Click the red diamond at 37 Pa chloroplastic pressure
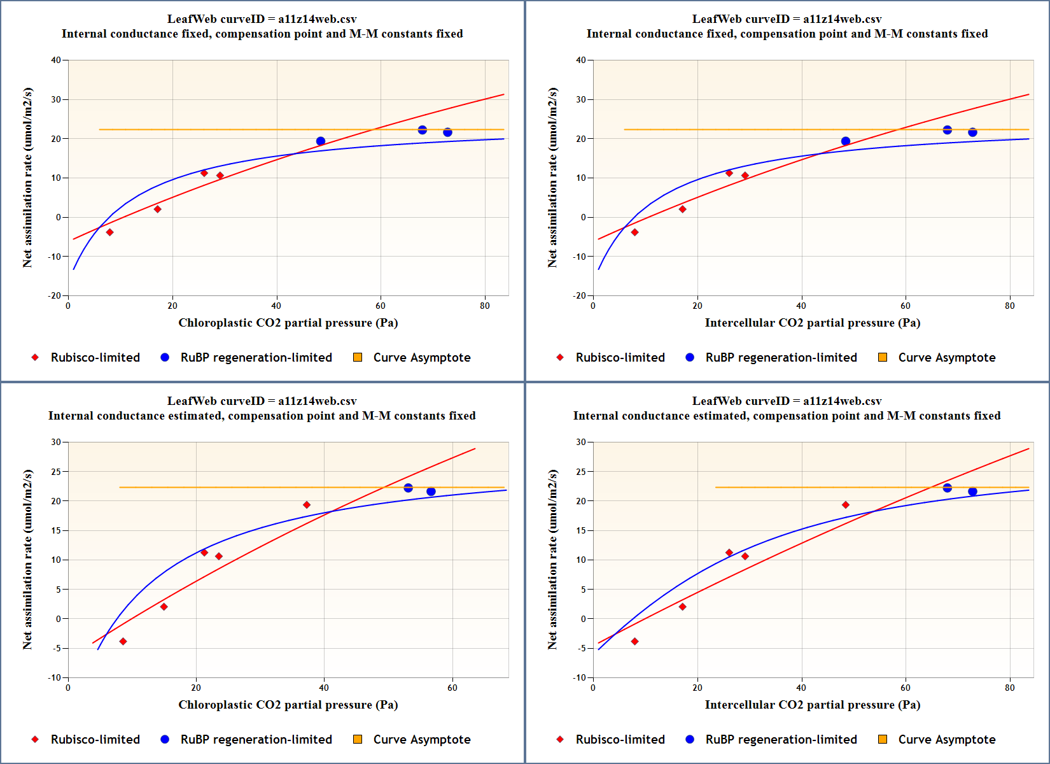[307, 505]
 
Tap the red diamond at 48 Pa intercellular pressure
[845, 505]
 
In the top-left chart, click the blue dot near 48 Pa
[321, 141]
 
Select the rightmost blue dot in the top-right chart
[972, 132]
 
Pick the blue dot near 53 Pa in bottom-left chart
[409, 488]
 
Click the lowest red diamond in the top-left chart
[109, 232]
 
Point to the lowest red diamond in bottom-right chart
[634, 641]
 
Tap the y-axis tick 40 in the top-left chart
[57, 60]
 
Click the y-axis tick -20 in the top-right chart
[580, 295]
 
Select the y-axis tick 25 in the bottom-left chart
[57, 472]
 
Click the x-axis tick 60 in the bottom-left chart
[452, 688]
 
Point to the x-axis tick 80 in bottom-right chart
[1010, 688]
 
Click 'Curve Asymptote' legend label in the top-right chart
[946, 358]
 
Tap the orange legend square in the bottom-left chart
[358, 739]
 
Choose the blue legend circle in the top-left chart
[165, 357]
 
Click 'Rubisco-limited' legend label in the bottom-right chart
[620, 740]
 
